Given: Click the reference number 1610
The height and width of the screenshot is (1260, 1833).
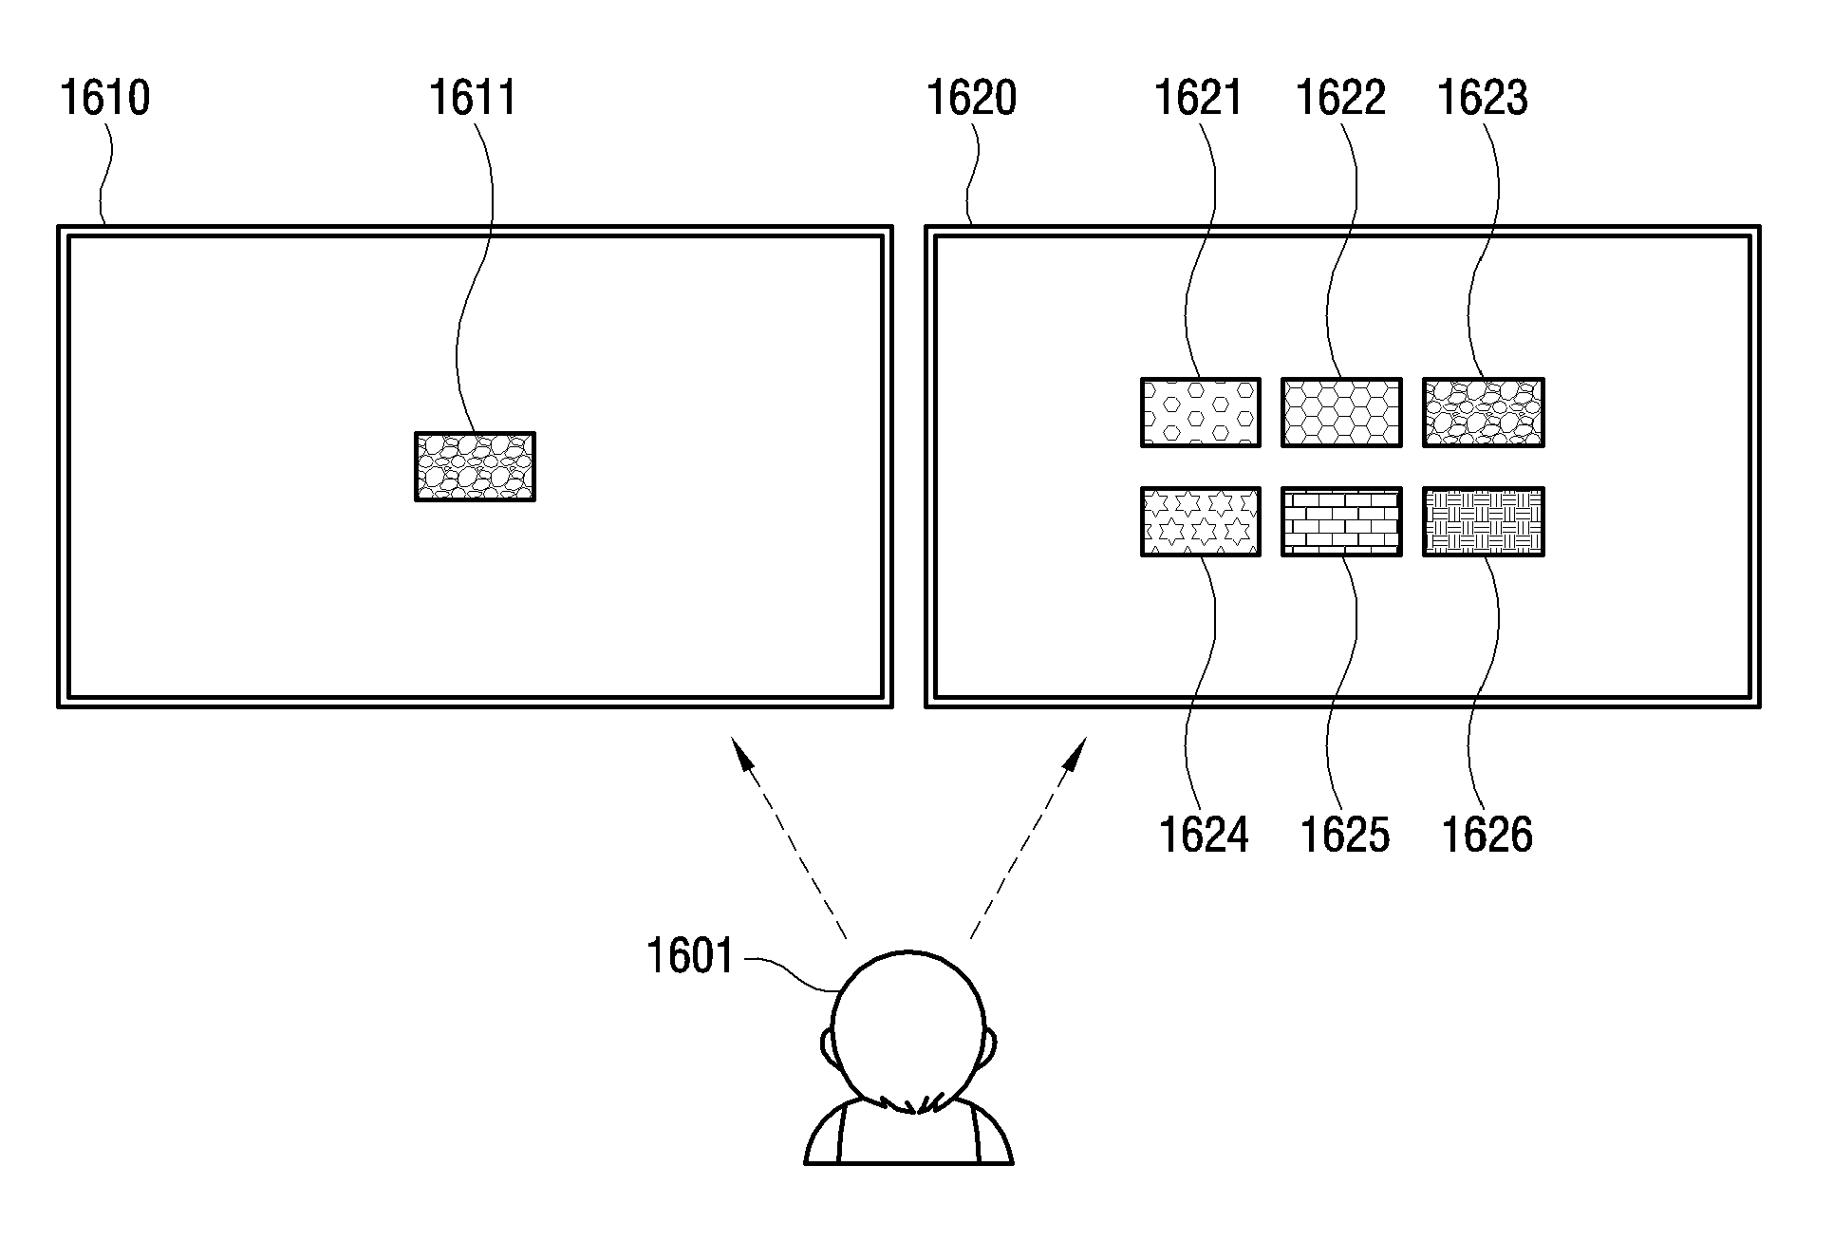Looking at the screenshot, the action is (104, 99).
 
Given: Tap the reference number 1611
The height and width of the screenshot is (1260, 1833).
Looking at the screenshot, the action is (473, 99).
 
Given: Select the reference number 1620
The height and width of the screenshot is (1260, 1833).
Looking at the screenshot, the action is (971, 99).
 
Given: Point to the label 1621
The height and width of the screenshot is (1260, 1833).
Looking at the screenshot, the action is (1198, 99).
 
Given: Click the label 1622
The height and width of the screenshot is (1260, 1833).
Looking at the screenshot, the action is (1340, 99).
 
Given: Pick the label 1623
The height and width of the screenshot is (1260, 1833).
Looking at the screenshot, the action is (1483, 99).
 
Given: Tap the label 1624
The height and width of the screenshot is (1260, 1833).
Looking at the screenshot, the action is (1204, 836).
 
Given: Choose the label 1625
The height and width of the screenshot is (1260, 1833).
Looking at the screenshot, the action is (1345, 836).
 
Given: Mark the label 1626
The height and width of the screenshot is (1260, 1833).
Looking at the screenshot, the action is (1487, 836).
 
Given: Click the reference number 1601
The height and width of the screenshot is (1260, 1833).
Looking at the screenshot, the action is (690, 956).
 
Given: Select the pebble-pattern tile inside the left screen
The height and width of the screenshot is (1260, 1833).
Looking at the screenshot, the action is (475, 466).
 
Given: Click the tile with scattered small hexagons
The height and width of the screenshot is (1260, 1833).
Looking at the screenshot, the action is (1201, 412).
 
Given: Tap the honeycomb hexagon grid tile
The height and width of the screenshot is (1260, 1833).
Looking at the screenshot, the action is (1341, 412).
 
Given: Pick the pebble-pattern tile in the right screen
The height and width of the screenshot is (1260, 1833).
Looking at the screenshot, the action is (1484, 412).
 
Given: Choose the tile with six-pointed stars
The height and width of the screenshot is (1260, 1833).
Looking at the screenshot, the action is (1201, 521).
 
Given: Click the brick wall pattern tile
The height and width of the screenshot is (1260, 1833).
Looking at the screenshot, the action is (1341, 521).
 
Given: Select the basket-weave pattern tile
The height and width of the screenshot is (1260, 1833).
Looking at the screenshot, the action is (1484, 521).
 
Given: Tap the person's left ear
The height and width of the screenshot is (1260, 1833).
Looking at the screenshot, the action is (827, 1047).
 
